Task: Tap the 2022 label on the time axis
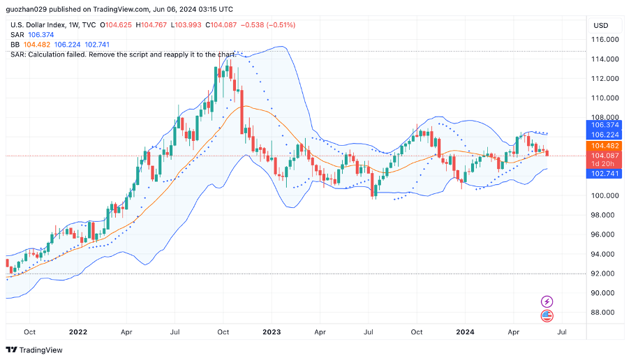[78, 332]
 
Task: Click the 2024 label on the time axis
[464, 332]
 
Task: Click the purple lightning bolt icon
[547, 301]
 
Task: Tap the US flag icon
[547, 316]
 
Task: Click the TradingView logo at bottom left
[34, 350]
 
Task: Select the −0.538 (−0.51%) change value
[267, 25]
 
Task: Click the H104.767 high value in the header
[154, 25]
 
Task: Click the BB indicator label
[15, 45]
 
